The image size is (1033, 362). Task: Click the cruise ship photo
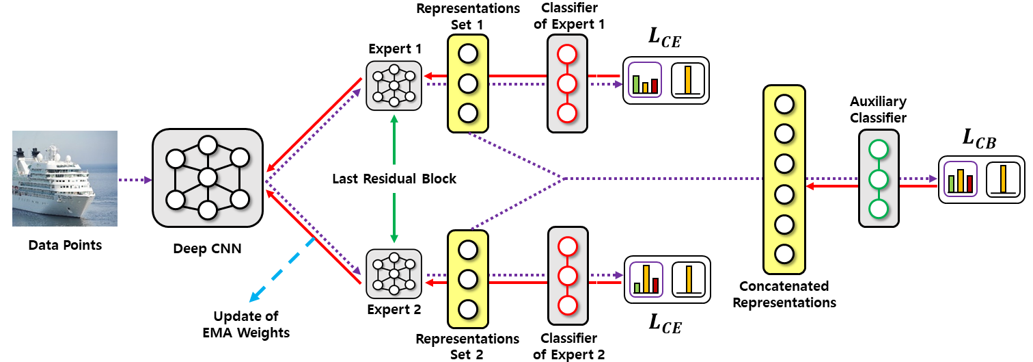[64, 178]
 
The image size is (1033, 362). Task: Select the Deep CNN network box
[208, 178]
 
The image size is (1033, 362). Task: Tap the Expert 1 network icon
[394, 86]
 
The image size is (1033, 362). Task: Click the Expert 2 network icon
[394, 274]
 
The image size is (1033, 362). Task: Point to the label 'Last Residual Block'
[394, 179]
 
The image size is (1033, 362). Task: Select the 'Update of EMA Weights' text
[246, 324]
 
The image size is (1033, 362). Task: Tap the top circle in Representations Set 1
[467, 54]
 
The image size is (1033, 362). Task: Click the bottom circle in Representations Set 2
[467, 309]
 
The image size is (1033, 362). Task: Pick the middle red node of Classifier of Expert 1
[567, 84]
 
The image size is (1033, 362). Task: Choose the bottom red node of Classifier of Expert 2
[567, 306]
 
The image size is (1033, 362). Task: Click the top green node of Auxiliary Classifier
[879, 150]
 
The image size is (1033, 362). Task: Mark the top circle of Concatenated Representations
[784, 104]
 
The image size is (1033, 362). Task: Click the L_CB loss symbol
[979, 138]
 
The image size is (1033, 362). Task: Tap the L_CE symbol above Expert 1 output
[665, 37]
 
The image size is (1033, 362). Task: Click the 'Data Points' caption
[65, 245]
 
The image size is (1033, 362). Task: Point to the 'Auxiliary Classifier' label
[878, 109]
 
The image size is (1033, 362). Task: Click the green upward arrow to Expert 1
[394, 140]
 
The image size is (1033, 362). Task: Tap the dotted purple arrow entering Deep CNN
[135, 180]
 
